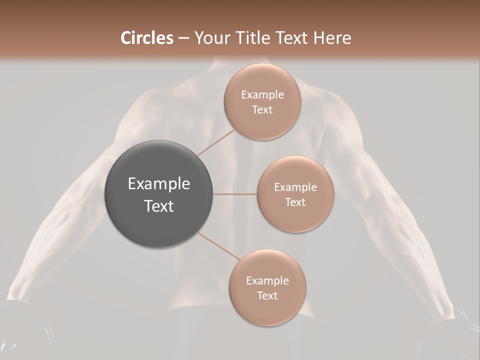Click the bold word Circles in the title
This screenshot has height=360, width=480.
[147, 38]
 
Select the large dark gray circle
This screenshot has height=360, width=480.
[159, 194]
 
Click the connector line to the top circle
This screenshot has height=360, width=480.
[215, 142]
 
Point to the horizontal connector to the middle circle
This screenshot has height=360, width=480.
[235, 194]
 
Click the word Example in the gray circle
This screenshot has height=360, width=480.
[159, 184]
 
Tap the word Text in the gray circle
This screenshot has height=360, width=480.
[159, 206]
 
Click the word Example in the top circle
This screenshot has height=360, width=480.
[262, 95]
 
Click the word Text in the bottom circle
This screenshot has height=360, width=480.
[267, 295]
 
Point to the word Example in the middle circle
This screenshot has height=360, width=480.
[295, 187]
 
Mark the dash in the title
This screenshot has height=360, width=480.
[183, 38]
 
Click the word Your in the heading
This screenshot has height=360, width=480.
[208, 38]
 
